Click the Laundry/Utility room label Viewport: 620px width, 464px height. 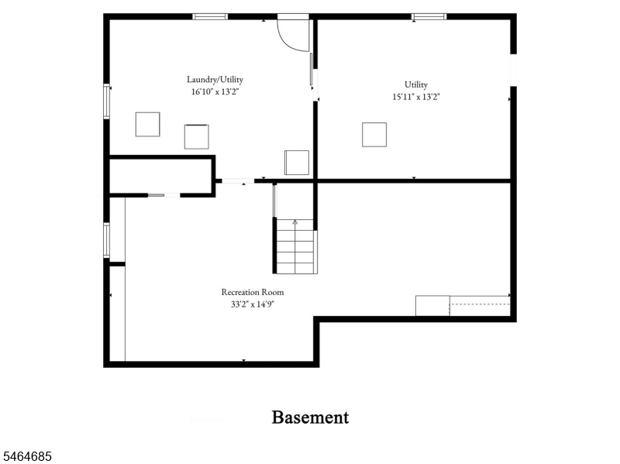click(x=215, y=80)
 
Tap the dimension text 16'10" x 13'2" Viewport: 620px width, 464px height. click(x=215, y=91)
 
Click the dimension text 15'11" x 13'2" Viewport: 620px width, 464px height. click(x=416, y=97)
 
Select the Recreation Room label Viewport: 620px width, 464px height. click(x=253, y=292)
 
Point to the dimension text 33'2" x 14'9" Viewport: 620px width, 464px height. click(x=253, y=304)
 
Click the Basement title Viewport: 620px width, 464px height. click(x=311, y=418)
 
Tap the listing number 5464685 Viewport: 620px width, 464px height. click(x=26, y=456)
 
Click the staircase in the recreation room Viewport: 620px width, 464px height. click(x=295, y=246)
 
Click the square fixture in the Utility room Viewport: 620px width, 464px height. click(x=374, y=135)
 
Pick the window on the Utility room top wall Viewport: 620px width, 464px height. click(x=429, y=16)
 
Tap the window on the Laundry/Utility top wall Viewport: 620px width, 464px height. click(x=210, y=16)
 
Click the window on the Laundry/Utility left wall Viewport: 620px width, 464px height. click(x=106, y=101)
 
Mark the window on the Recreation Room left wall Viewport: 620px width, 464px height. click(x=106, y=240)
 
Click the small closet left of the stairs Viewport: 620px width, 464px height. click(x=161, y=177)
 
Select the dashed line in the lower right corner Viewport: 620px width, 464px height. click(x=480, y=304)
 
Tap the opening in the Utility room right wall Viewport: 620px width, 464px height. click(x=513, y=70)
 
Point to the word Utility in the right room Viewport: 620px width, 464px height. click(x=416, y=84)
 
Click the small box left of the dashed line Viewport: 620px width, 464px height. click(x=432, y=306)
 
